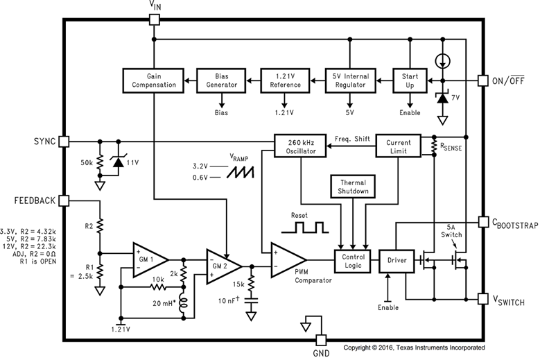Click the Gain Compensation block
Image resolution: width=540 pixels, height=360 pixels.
tap(153, 80)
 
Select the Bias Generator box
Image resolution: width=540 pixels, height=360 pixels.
tap(221, 80)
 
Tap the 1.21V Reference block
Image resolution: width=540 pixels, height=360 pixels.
tap(285, 80)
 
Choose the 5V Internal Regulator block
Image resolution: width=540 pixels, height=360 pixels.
tap(350, 80)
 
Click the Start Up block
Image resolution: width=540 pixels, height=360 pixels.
tap(410, 80)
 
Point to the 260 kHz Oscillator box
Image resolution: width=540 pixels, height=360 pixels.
tap(300, 146)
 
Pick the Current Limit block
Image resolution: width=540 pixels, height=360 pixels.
tap(398, 146)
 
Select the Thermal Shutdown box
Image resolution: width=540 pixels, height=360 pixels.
tap(353, 187)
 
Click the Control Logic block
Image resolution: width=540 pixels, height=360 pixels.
tap(353, 261)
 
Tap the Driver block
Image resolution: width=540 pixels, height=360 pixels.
tap(397, 261)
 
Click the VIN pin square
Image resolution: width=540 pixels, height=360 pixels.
tap(155, 19)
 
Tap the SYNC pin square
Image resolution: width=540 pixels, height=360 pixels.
tap(64, 142)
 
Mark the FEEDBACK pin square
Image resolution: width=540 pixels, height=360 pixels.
tap(64, 201)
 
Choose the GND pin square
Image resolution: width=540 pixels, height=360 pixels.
tap(321, 341)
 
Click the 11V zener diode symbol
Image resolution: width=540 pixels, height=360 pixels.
tap(119, 162)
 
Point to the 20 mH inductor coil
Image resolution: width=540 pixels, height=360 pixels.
tap(184, 303)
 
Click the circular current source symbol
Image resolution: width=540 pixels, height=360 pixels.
tap(442, 61)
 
